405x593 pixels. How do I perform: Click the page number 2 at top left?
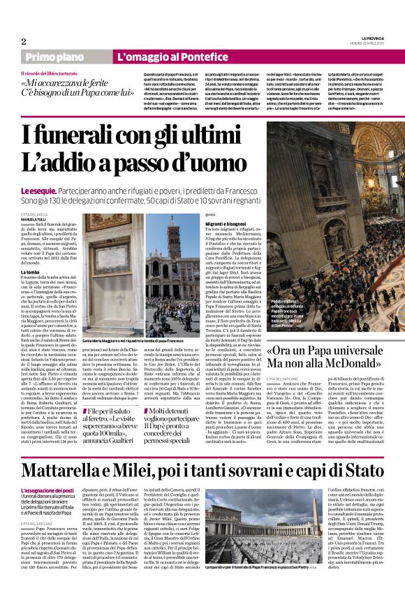pos(23,41)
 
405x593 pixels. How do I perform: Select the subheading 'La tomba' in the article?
pos(30,271)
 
